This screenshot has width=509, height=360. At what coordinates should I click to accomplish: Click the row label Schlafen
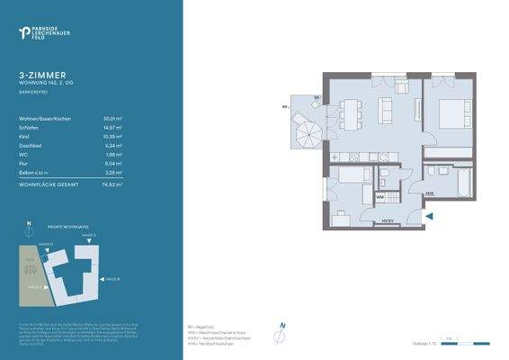tap(29, 128)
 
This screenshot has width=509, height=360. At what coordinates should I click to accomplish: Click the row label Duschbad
tap(31, 146)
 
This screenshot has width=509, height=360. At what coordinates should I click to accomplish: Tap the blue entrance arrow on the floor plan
tap(429, 215)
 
